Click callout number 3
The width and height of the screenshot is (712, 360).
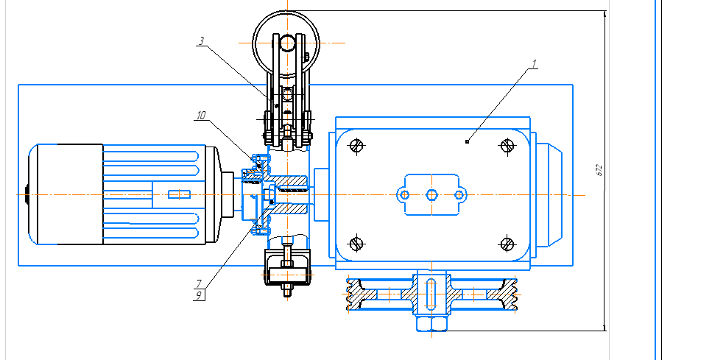point(202,41)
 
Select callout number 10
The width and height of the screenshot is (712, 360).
point(201,116)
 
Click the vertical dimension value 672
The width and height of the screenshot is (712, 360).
point(599,170)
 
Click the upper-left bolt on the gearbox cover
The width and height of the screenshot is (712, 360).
point(356,146)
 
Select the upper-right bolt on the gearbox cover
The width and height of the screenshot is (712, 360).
point(506,146)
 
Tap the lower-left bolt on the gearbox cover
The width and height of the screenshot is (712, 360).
point(356,243)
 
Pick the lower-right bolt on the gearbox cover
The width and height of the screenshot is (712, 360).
point(506,243)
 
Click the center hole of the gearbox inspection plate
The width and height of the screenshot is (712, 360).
point(431,194)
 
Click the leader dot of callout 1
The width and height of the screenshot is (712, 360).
point(468,140)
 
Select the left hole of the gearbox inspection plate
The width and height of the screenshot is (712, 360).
point(404,194)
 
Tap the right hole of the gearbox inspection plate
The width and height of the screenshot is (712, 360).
point(459,194)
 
